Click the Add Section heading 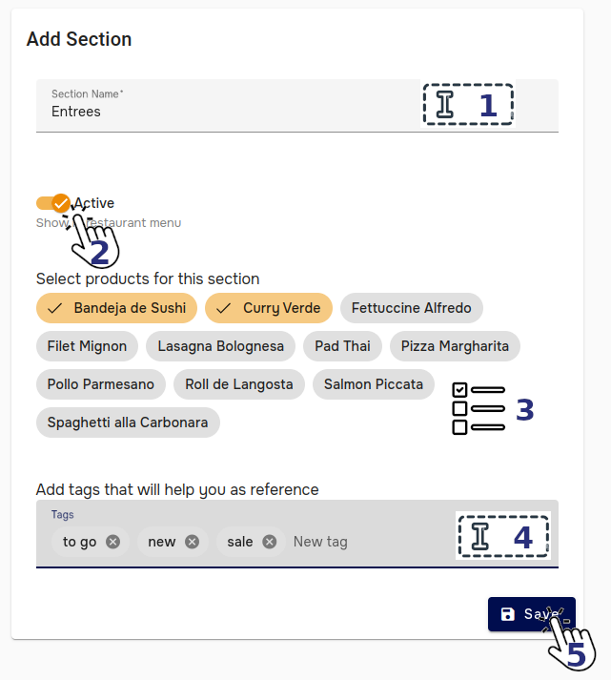click(79, 39)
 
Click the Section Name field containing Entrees click(229, 111)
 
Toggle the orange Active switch click(52, 203)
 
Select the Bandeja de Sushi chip click(117, 308)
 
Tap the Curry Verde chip click(270, 308)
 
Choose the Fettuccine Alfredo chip click(411, 308)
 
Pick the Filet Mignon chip click(87, 346)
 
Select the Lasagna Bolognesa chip click(221, 346)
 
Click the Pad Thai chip click(342, 346)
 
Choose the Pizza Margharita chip click(455, 346)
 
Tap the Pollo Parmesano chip click(100, 384)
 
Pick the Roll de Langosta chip click(239, 384)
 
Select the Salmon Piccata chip click(373, 384)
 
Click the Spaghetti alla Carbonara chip click(128, 422)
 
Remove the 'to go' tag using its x click(113, 542)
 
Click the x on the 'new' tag click(192, 542)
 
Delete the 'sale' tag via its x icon click(270, 542)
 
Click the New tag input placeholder click(320, 542)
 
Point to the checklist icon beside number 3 click(477, 409)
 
